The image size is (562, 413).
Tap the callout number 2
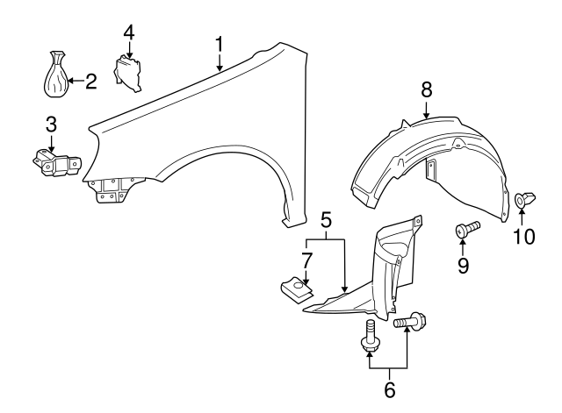[90, 82]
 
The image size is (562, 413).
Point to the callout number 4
[129, 32]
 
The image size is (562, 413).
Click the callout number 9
[463, 263]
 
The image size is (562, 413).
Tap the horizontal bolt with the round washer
[411, 322]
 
